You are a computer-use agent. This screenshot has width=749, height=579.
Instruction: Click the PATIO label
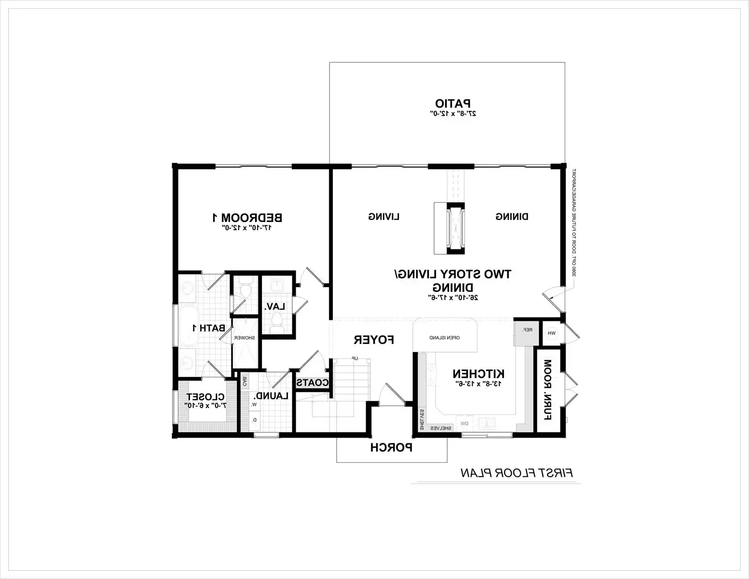[453, 103]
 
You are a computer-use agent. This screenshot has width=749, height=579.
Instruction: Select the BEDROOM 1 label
[247, 217]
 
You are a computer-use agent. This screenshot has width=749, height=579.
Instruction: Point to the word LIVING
[384, 217]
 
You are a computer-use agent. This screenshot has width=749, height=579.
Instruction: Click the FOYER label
[374, 340]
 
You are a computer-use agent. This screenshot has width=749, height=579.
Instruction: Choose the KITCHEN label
[478, 373]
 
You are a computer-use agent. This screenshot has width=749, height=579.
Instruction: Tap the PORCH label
[391, 447]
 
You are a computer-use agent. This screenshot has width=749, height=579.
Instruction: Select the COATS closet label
[312, 383]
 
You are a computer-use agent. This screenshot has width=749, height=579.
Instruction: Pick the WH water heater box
[552, 333]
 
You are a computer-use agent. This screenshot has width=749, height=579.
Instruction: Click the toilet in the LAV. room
[277, 321]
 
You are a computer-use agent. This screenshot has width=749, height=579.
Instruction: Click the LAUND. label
[272, 396]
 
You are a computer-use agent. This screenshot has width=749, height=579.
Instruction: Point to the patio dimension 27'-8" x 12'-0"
[453, 114]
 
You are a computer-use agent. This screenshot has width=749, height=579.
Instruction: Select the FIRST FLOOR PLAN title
[517, 472]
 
